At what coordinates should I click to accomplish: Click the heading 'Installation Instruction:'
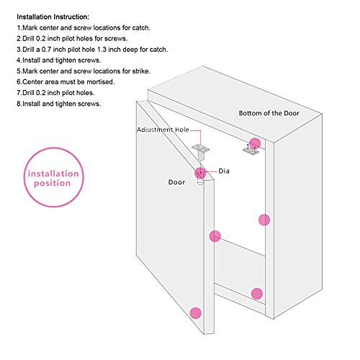click(x=53, y=17)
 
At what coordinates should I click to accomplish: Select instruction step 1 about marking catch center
click(x=84, y=28)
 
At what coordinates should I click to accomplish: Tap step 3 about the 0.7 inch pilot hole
click(x=92, y=50)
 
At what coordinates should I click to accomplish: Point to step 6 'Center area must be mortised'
click(x=66, y=82)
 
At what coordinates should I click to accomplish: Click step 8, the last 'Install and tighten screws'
click(x=59, y=104)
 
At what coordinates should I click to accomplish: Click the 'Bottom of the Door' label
click(x=269, y=113)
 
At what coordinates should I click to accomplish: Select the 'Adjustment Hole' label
click(x=163, y=130)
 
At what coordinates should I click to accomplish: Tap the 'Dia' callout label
click(x=224, y=171)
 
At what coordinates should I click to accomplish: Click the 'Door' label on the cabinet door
click(x=176, y=182)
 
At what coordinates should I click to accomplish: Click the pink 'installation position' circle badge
click(x=54, y=177)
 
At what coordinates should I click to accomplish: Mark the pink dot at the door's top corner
click(x=200, y=173)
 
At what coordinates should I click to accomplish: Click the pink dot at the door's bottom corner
click(x=196, y=313)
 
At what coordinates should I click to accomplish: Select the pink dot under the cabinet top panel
click(x=255, y=143)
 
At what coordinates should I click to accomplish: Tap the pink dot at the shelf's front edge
click(x=215, y=236)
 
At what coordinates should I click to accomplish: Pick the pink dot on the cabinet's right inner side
click(x=264, y=220)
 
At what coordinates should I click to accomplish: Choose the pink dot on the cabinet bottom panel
click(x=257, y=294)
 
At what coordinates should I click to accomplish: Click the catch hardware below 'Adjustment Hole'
click(x=201, y=151)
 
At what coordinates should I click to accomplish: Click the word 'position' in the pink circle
click(x=53, y=184)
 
